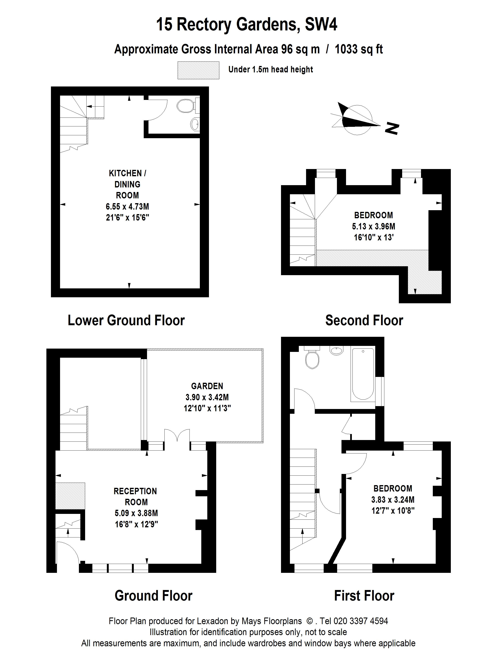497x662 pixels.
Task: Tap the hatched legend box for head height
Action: click(198, 70)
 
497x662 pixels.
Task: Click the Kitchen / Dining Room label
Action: click(127, 184)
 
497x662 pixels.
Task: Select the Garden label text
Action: click(207, 386)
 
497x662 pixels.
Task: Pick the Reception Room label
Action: click(135, 496)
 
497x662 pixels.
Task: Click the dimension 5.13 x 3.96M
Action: click(374, 226)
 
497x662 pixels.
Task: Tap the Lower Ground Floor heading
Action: click(126, 320)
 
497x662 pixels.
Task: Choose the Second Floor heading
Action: click(364, 320)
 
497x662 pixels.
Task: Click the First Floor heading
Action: click(364, 596)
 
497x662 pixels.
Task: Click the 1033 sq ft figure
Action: click(359, 49)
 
